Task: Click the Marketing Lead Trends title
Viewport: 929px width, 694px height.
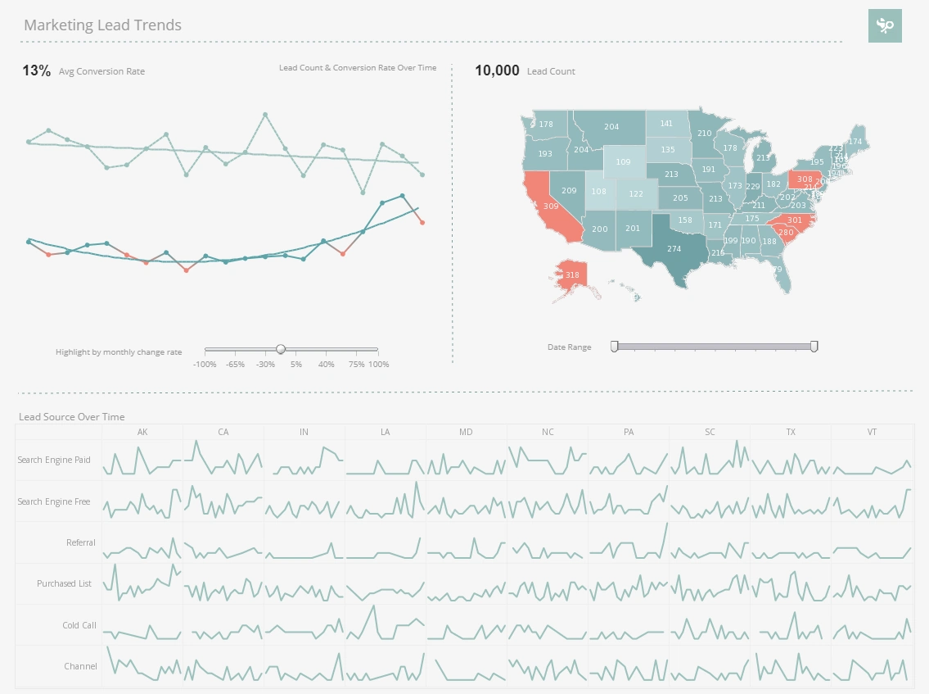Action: [x=102, y=25]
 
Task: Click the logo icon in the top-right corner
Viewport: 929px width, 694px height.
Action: [x=885, y=26]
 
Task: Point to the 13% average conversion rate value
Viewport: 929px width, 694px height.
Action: [x=36, y=70]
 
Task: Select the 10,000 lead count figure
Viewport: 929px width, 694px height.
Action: [x=497, y=70]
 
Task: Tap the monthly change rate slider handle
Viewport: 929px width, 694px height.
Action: [x=281, y=349]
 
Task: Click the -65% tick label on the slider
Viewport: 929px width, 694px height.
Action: [x=235, y=364]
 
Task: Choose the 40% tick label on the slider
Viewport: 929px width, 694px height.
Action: [x=326, y=364]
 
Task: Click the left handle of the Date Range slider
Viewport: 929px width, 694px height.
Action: [x=615, y=347]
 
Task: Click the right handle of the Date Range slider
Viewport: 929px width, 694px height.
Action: [x=814, y=347]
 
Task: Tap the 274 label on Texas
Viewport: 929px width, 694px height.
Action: [x=674, y=248]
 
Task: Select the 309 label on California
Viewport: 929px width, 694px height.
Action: [x=551, y=206]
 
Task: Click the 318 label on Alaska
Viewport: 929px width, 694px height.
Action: [x=572, y=275]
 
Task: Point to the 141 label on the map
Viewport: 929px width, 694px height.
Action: [x=666, y=124]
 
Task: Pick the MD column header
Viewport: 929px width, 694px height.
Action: [x=466, y=432]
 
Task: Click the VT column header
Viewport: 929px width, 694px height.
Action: [x=872, y=432]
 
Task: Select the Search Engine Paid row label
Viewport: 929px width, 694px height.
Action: [x=54, y=460]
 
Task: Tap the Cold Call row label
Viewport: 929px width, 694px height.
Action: [x=79, y=625]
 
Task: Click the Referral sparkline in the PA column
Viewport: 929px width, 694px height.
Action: [x=628, y=542]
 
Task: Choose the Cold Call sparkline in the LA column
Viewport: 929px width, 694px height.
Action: [x=385, y=624]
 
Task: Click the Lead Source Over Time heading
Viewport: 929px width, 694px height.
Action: [x=71, y=417]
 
